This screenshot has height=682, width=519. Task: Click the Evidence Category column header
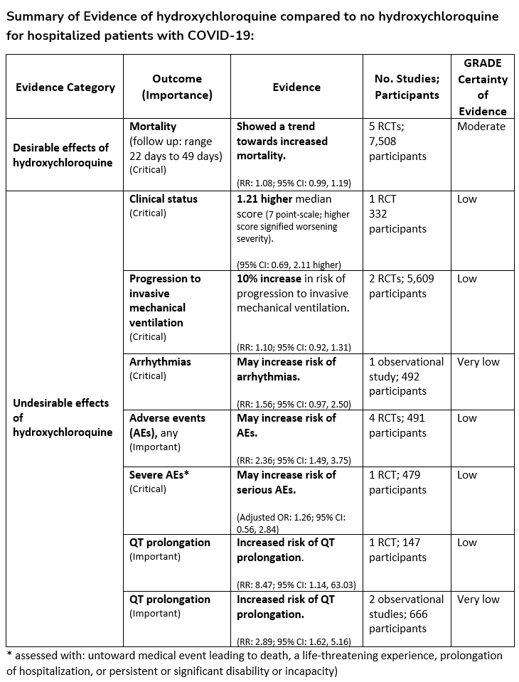pyautogui.click(x=65, y=87)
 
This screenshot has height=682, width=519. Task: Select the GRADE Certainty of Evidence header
pyautogui.click(x=483, y=87)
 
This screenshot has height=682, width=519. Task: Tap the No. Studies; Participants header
pyautogui.click(x=407, y=87)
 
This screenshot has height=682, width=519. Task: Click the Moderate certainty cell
pyautogui.click(x=481, y=127)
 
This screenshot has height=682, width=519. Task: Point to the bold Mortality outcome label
pyautogui.click(x=153, y=127)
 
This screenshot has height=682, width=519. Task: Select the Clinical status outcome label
pyautogui.click(x=164, y=199)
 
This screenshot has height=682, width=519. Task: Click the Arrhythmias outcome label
pyautogui.click(x=160, y=362)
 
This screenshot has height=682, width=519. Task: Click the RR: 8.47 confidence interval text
pyautogui.click(x=296, y=585)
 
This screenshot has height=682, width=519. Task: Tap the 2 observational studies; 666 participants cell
pyautogui.click(x=407, y=613)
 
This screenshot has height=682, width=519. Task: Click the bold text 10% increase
pyautogui.click(x=269, y=279)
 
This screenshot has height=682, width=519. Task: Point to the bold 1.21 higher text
pyautogui.click(x=265, y=199)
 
